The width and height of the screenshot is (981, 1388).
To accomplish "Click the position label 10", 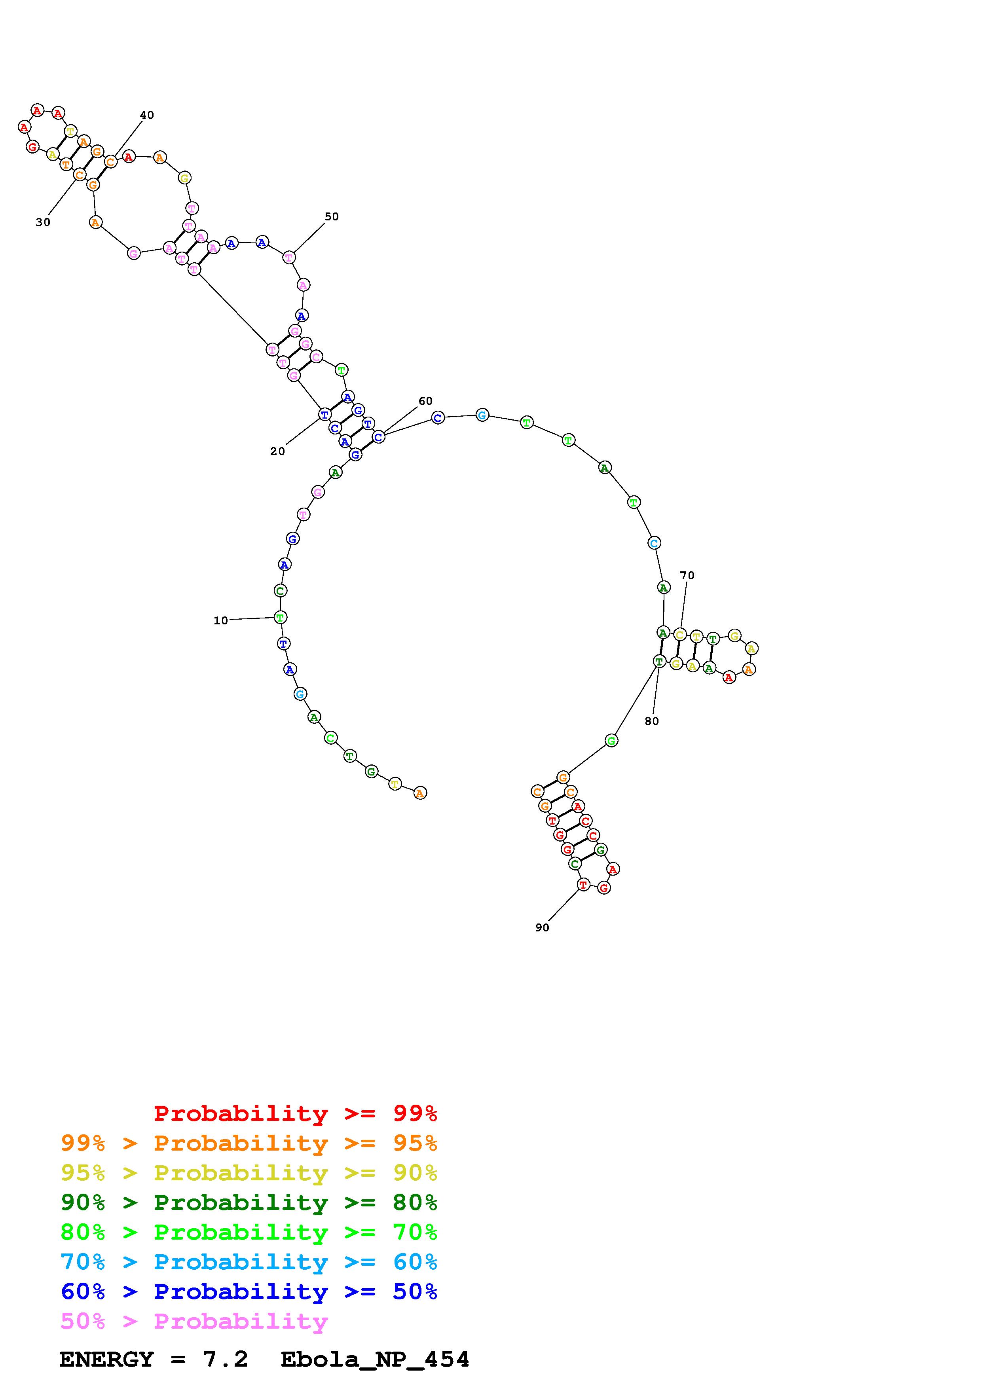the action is coord(221,620).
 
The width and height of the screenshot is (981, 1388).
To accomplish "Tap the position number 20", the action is coord(277,451).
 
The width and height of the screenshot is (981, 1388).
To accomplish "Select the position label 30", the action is coord(43,222).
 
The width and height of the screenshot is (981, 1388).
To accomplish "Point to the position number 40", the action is coord(147,115).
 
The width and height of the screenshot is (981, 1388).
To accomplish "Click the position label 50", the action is coord(332,216).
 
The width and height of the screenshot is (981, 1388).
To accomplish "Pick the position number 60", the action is coord(425,401).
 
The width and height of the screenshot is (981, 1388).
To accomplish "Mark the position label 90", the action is coord(542,927).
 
